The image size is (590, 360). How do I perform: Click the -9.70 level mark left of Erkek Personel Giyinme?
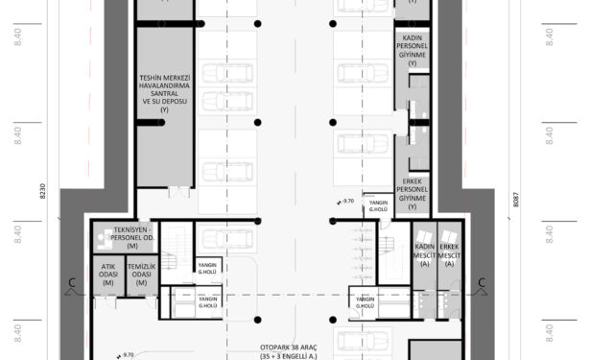(x=347, y=202)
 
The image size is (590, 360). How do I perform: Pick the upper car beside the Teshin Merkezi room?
(x=228, y=73)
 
